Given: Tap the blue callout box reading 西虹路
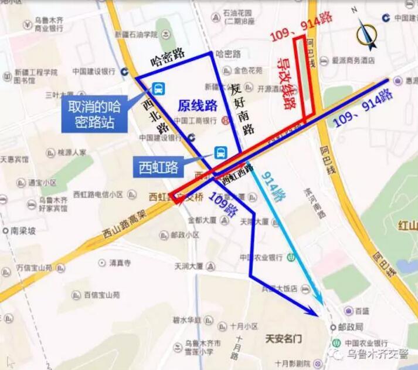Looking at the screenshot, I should pyautogui.click(x=158, y=166).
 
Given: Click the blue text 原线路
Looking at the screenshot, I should pyautogui.click(x=198, y=106).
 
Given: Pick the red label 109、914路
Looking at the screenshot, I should pyautogui.click(x=301, y=26).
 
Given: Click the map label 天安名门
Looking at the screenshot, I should pyautogui.click(x=284, y=339).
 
